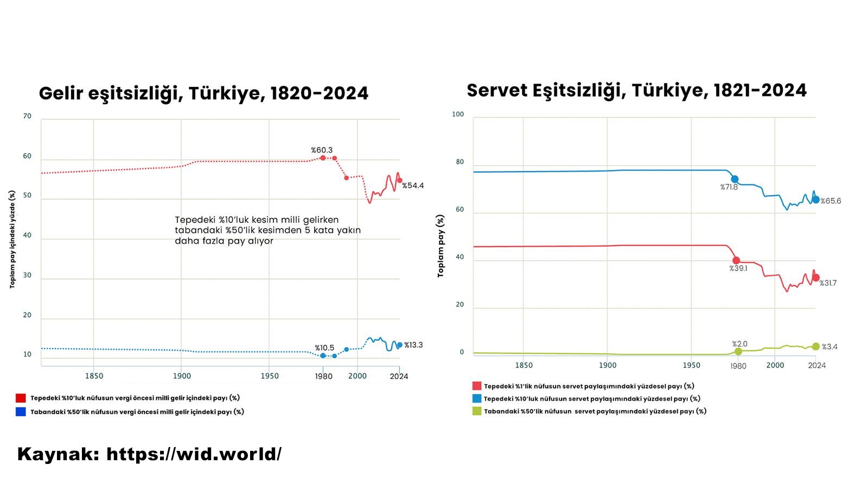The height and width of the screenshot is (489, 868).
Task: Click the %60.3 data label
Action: click(x=321, y=150)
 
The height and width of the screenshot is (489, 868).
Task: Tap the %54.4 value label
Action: click(x=413, y=185)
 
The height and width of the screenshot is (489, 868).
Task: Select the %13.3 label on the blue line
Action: click(x=413, y=345)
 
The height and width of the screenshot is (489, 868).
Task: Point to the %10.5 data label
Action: click(x=324, y=348)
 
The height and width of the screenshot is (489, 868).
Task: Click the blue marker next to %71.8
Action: click(x=735, y=179)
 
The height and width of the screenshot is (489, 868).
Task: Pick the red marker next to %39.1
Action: click(x=736, y=261)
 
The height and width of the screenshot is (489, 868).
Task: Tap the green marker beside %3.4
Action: click(x=815, y=347)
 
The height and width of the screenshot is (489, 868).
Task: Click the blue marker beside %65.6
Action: click(x=815, y=200)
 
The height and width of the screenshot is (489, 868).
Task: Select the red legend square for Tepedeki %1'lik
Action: click(x=477, y=386)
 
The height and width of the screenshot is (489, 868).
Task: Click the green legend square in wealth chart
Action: click(x=477, y=411)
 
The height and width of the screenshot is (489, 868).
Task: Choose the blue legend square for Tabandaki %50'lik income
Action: click(x=21, y=412)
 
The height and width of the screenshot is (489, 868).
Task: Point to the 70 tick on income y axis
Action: click(x=27, y=116)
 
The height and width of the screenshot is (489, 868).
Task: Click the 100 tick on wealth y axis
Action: click(x=458, y=114)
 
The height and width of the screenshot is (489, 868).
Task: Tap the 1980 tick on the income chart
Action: click(x=323, y=376)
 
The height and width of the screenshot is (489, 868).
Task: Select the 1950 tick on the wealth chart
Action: click(x=691, y=365)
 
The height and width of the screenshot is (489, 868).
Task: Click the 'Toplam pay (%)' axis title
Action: click(x=441, y=246)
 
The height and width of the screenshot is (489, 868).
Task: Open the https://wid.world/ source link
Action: click(x=194, y=454)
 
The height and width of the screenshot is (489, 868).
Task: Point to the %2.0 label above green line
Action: click(x=739, y=344)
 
